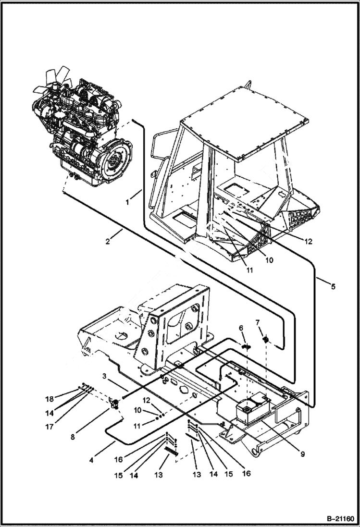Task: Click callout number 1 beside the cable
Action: click(127, 202)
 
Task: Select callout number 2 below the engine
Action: click(108, 242)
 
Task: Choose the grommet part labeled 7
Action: click(265, 341)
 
